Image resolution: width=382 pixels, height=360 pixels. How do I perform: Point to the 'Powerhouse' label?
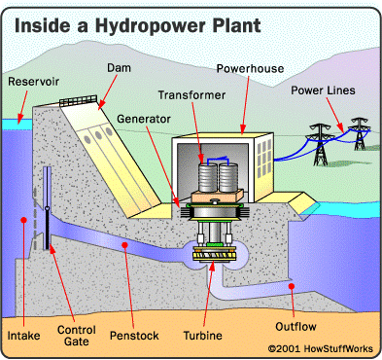(247, 70)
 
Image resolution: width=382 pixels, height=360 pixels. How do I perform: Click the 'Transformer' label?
(193, 95)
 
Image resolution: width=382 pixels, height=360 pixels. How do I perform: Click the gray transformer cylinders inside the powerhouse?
(217, 175)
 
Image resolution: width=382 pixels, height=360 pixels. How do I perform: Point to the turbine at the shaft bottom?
(218, 256)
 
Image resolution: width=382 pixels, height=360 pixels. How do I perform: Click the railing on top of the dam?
(79, 101)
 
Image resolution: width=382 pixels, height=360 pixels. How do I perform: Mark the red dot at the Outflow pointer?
(293, 287)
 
